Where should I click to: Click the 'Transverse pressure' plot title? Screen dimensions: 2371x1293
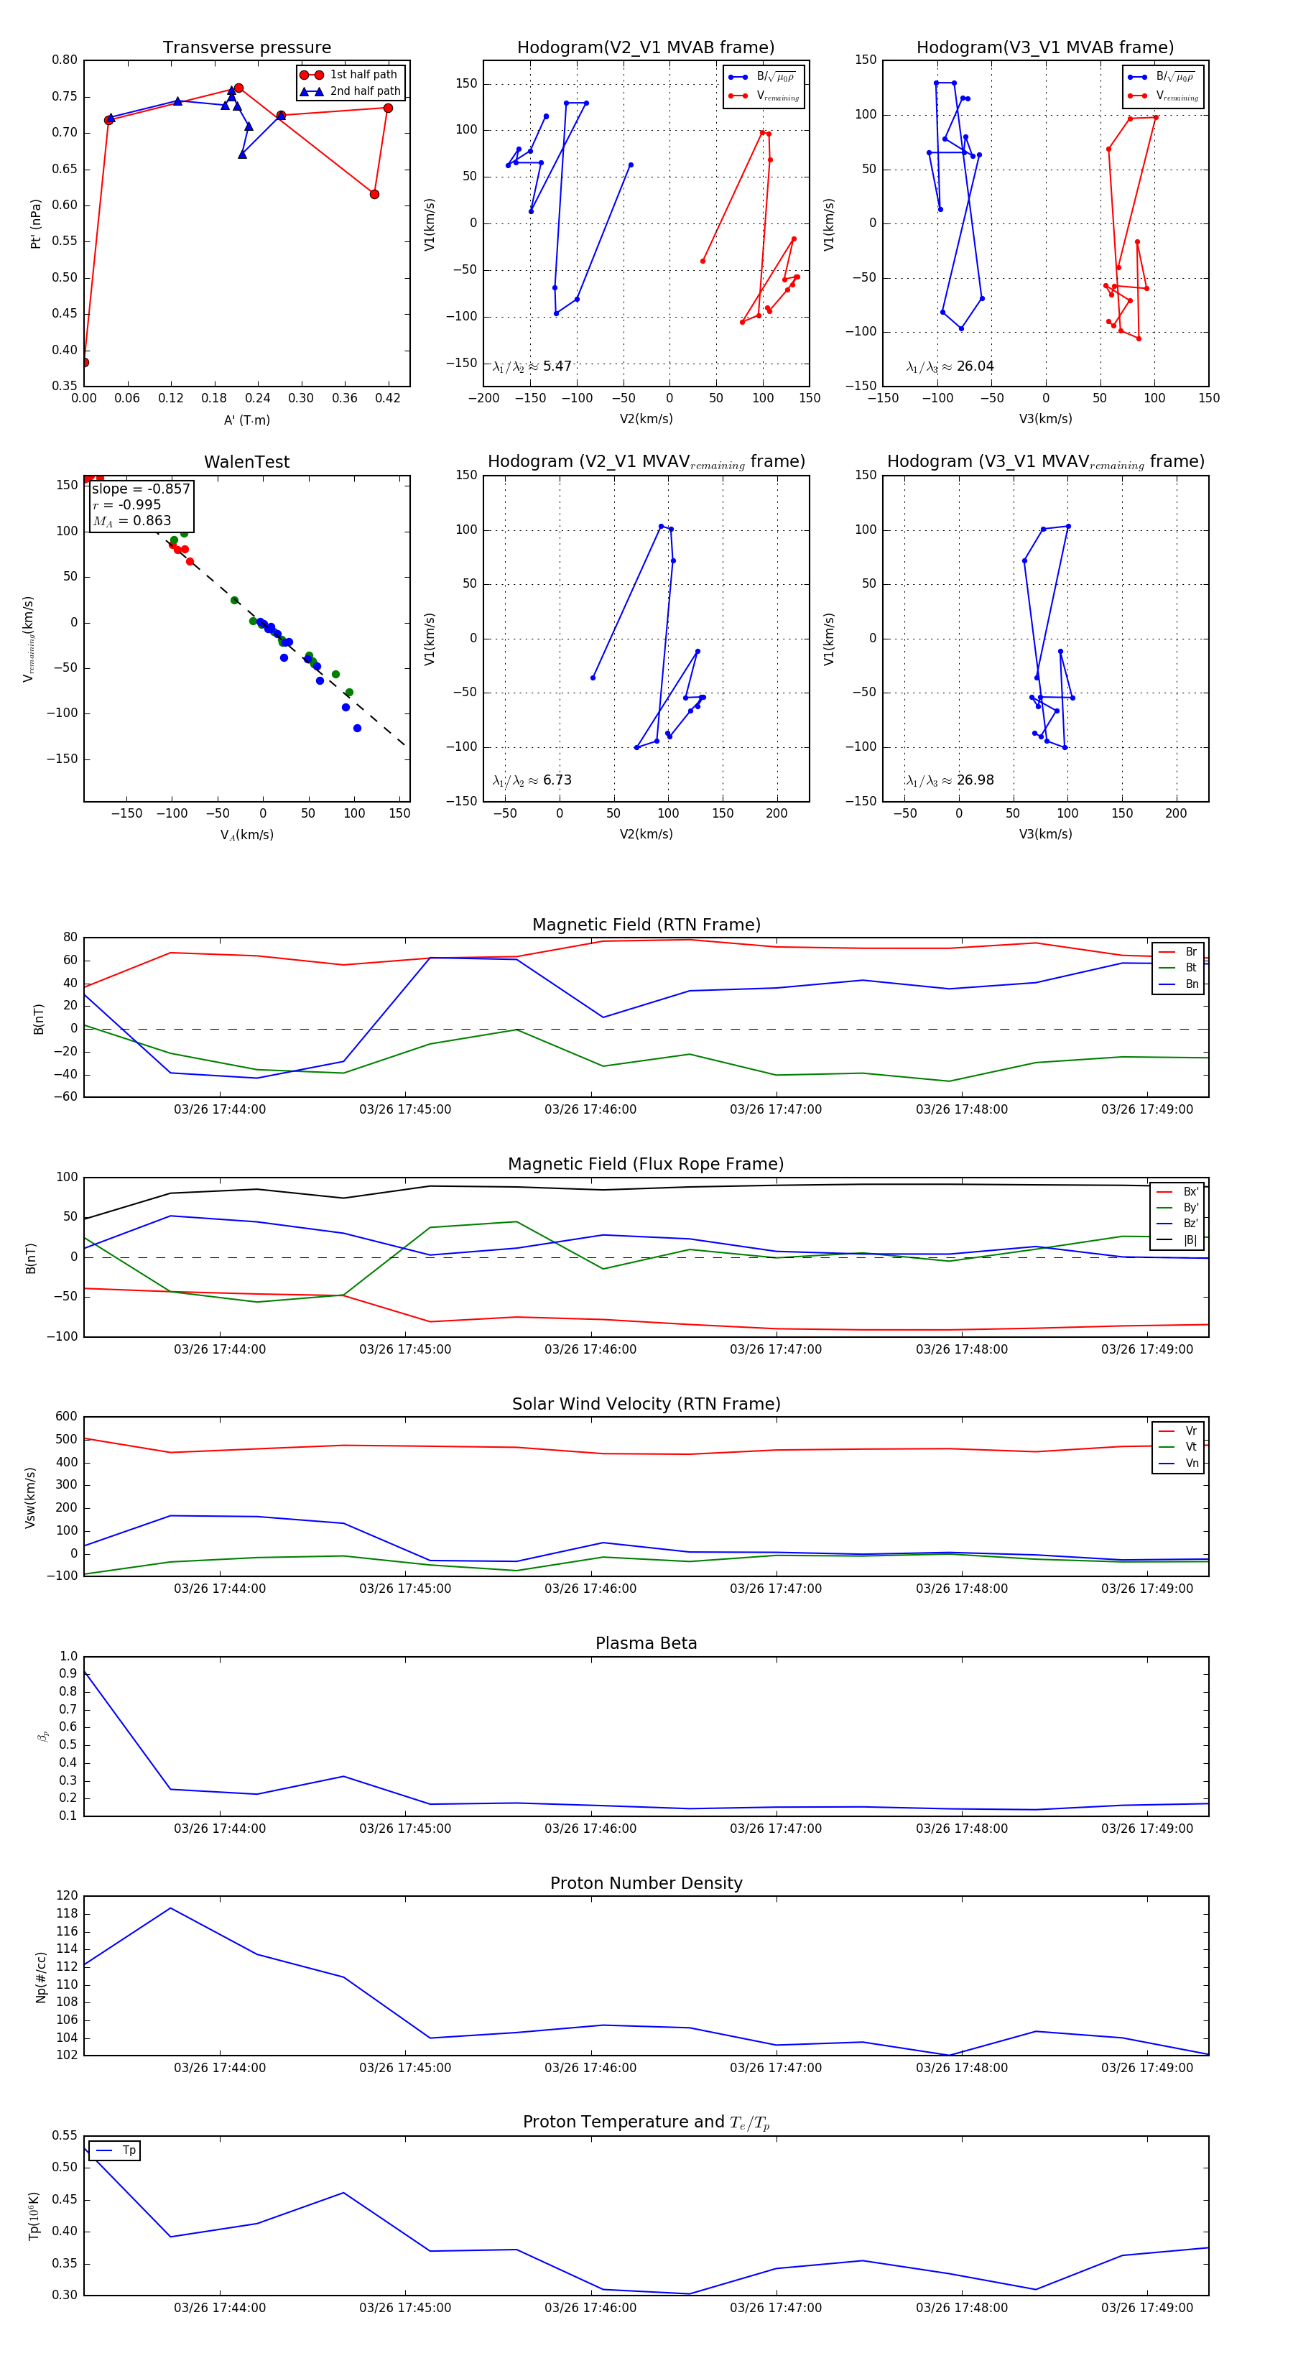click(x=246, y=48)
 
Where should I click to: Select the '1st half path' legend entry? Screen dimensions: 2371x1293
click(x=363, y=75)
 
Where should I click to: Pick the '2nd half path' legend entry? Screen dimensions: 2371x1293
click(x=364, y=91)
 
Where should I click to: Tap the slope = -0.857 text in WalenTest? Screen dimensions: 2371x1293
click(x=141, y=489)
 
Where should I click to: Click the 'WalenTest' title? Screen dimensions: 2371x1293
click(x=246, y=462)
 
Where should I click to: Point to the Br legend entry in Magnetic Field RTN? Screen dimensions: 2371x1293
click(x=1191, y=952)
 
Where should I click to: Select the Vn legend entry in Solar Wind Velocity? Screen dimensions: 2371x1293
click(x=1191, y=1464)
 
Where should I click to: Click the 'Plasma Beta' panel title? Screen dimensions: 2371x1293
click(x=646, y=1643)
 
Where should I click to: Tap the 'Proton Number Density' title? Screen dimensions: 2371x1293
click(x=646, y=1883)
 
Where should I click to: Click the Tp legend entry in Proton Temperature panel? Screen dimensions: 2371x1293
click(x=129, y=2150)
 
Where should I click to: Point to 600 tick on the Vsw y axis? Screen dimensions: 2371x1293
click(x=66, y=1417)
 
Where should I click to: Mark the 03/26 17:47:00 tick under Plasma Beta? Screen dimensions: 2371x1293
click(x=776, y=1828)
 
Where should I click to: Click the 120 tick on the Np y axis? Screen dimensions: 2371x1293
click(x=68, y=1896)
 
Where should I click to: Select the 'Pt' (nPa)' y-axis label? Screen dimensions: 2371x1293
click(x=36, y=223)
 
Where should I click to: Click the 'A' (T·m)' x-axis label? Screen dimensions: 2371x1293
click(x=246, y=420)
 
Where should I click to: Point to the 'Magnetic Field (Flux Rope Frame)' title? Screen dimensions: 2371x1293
click(x=646, y=1165)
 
